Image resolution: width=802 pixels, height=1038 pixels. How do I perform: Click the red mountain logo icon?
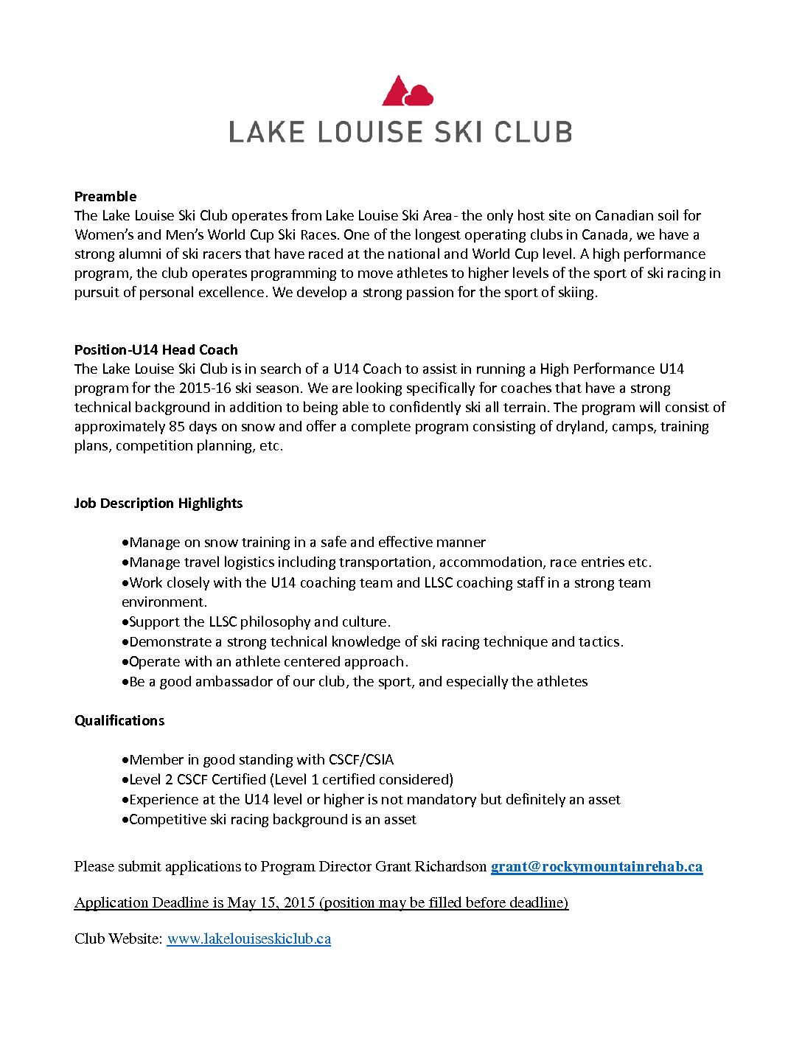click(x=407, y=91)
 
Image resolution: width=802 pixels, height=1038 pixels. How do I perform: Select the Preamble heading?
click(x=105, y=196)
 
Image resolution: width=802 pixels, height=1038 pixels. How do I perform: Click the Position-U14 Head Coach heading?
click(x=156, y=349)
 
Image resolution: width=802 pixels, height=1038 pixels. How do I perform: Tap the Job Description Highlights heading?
click(x=158, y=503)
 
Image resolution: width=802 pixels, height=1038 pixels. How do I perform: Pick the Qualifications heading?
click(x=119, y=720)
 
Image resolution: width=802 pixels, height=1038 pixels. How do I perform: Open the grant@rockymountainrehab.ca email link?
click(x=596, y=866)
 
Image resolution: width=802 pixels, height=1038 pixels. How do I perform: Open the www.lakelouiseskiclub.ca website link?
click(x=248, y=938)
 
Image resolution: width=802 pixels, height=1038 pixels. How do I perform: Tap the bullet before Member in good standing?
click(x=125, y=760)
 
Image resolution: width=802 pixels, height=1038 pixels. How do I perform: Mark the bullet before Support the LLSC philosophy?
click(x=125, y=622)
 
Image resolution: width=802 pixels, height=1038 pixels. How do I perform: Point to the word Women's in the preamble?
click(x=104, y=234)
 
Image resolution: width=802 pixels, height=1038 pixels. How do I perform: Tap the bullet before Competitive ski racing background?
click(x=125, y=820)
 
